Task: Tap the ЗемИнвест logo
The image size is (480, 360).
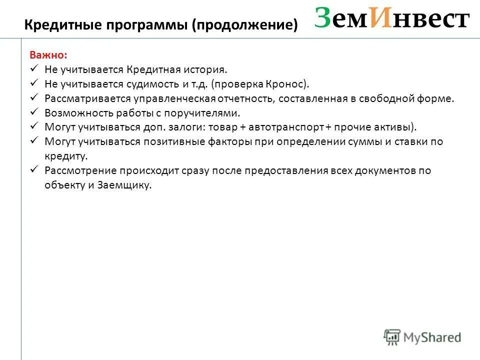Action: click(x=392, y=19)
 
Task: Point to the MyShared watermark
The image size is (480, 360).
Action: click(x=422, y=337)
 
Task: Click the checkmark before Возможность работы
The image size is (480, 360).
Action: click(x=34, y=112)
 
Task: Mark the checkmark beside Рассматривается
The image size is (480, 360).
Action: click(x=34, y=97)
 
